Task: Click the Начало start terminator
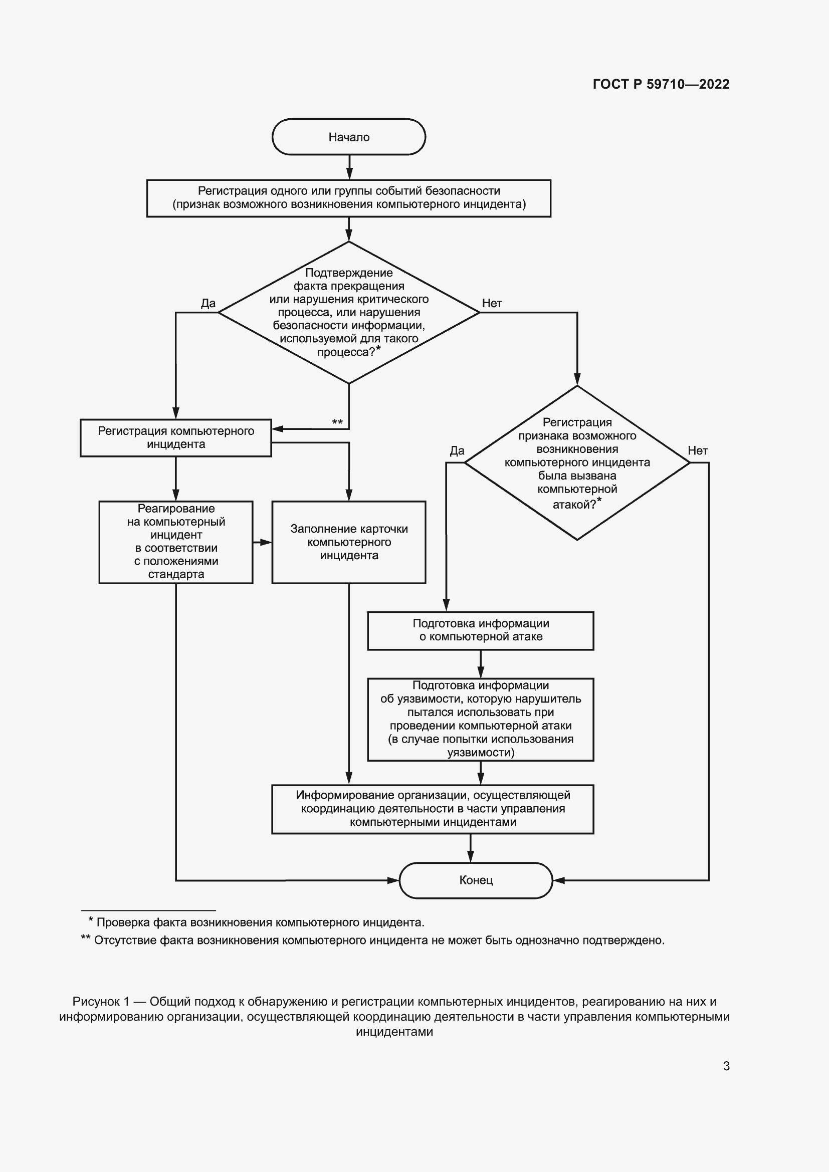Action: pyautogui.click(x=349, y=137)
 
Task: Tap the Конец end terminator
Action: pyautogui.click(x=476, y=880)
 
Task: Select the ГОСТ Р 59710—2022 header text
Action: pyautogui.click(x=661, y=84)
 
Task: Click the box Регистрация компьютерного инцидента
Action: pyautogui.click(x=175, y=437)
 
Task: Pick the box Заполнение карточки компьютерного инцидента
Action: pyautogui.click(x=349, y=542)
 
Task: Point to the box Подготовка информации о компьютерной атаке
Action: pyautogui.click(x=480, y=630)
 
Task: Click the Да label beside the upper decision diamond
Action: pyautogui.click(x=209, y=303)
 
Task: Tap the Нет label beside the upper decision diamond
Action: pyautogui.click(x=492, y=303)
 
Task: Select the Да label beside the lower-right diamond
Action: pyautogui.click(x=457, y=451)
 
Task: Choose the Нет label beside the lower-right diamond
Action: pyautogui.click(x=697, y=451)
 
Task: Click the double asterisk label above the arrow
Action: pyautogui.click(x=337, y=422)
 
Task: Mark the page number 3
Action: pyautogui.click(x=726, y=1066)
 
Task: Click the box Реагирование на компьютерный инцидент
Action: pyautogui.click(x=175, y=542)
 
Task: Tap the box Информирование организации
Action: pyautogui.click(x=433, y=809)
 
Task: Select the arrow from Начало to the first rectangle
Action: pyautogui.click(x=349, y=167)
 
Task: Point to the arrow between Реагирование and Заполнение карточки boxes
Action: pyautogui.click(x=262, y=542)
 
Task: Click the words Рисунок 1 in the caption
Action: pyautogui.click(x=101, y=1002)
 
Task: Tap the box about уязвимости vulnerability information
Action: pyautogui.click(x=480, y=719)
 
